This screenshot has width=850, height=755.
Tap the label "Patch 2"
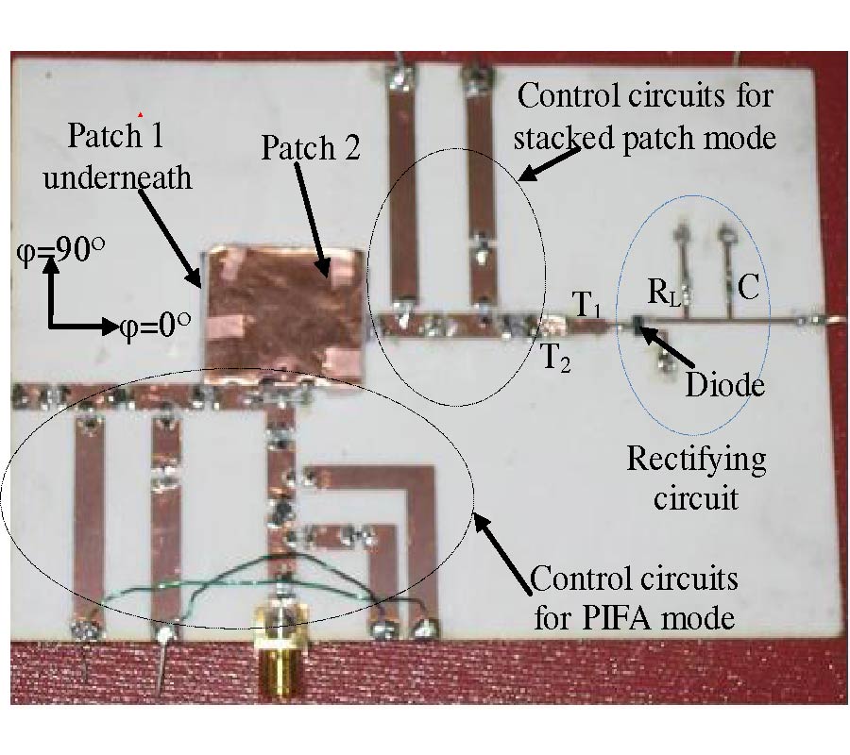pos(310,148)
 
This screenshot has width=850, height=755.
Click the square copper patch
pos(284,312)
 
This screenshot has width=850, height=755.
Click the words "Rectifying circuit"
pos(697,478)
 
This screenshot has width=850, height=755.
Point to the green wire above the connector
pos(189,594)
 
